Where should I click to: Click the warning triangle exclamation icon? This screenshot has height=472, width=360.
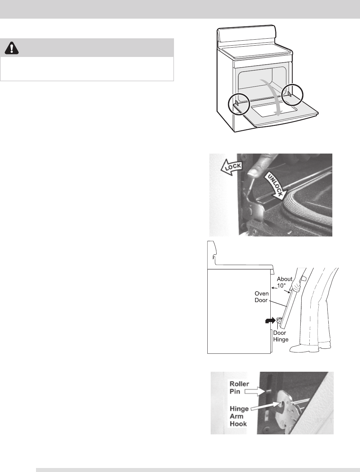click(x=12, y=49)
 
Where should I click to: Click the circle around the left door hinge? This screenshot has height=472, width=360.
click(x=239, y=104)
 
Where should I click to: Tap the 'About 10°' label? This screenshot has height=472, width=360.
click(x=284, y=282)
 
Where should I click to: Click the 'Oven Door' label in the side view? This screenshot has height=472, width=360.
click(x=262, y=297)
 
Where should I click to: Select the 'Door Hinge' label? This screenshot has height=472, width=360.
click(x=280, y=336)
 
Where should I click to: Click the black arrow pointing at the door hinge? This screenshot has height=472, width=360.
click(x=269, y=320)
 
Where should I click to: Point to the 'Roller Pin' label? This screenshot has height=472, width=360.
click(x=239, y=387)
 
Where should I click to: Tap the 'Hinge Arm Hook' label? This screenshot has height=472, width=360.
click(x=239, y=416)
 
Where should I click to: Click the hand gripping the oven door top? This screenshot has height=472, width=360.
click(x=295, y=283)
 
